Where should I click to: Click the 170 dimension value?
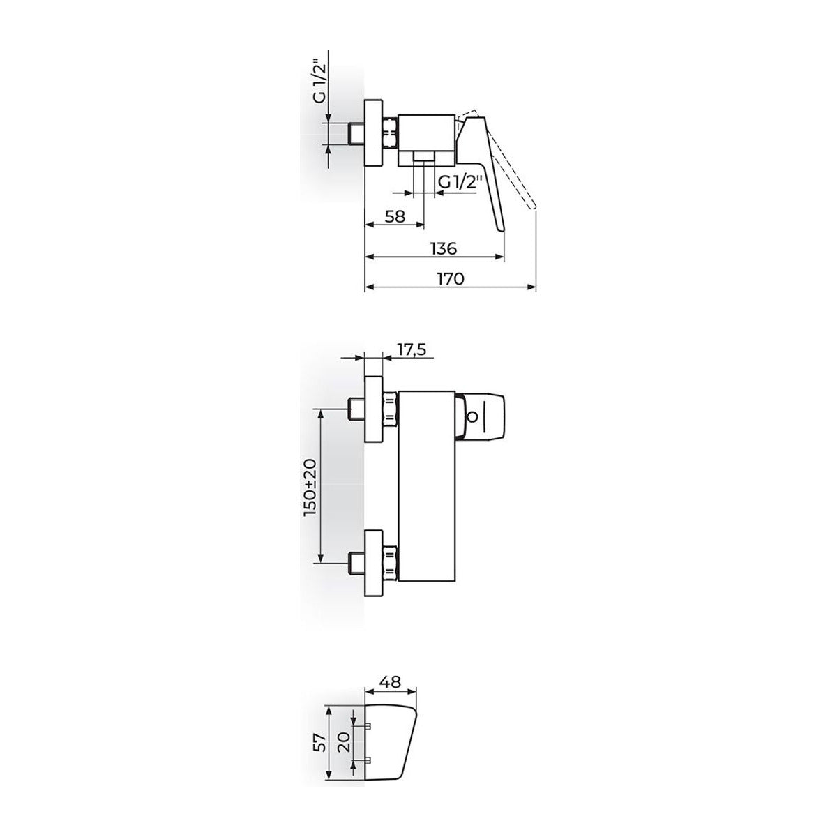coord(451,278)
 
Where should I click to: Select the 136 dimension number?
coord(444,248)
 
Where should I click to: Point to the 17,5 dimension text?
coord(410,349)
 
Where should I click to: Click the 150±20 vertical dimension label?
coord(311,487)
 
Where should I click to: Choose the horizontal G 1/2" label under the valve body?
coord(460,182)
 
